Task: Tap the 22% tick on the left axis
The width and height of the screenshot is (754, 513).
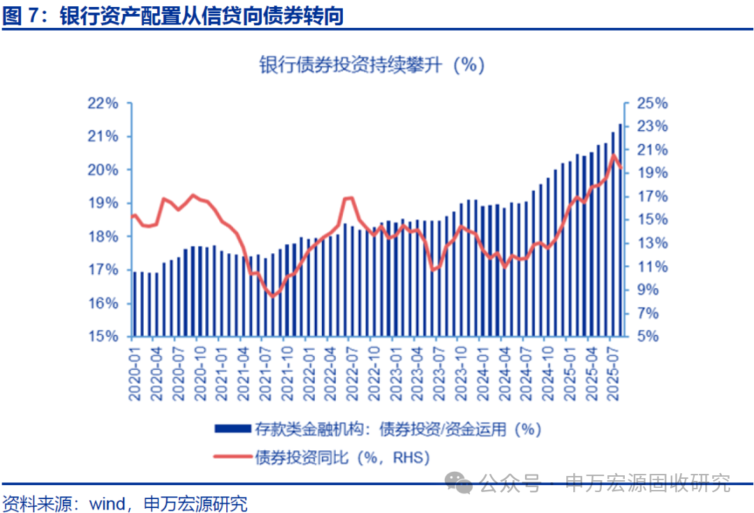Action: click(x=103, y=103)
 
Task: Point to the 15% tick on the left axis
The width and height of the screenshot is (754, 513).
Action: click(x=103, y=336)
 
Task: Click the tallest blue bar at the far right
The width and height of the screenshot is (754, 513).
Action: click(x=620, y=230)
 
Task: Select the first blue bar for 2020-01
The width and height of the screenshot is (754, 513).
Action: click(x=134, y=304)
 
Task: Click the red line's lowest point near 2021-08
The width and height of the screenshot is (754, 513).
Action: click(x=274, y=296)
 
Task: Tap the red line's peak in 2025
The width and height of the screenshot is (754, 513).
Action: click(x=614, y=156)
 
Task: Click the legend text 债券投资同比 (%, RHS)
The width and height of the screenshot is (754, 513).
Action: click(x=342, y=457)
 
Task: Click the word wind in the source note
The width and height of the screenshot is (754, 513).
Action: click(x=105, y=502)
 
